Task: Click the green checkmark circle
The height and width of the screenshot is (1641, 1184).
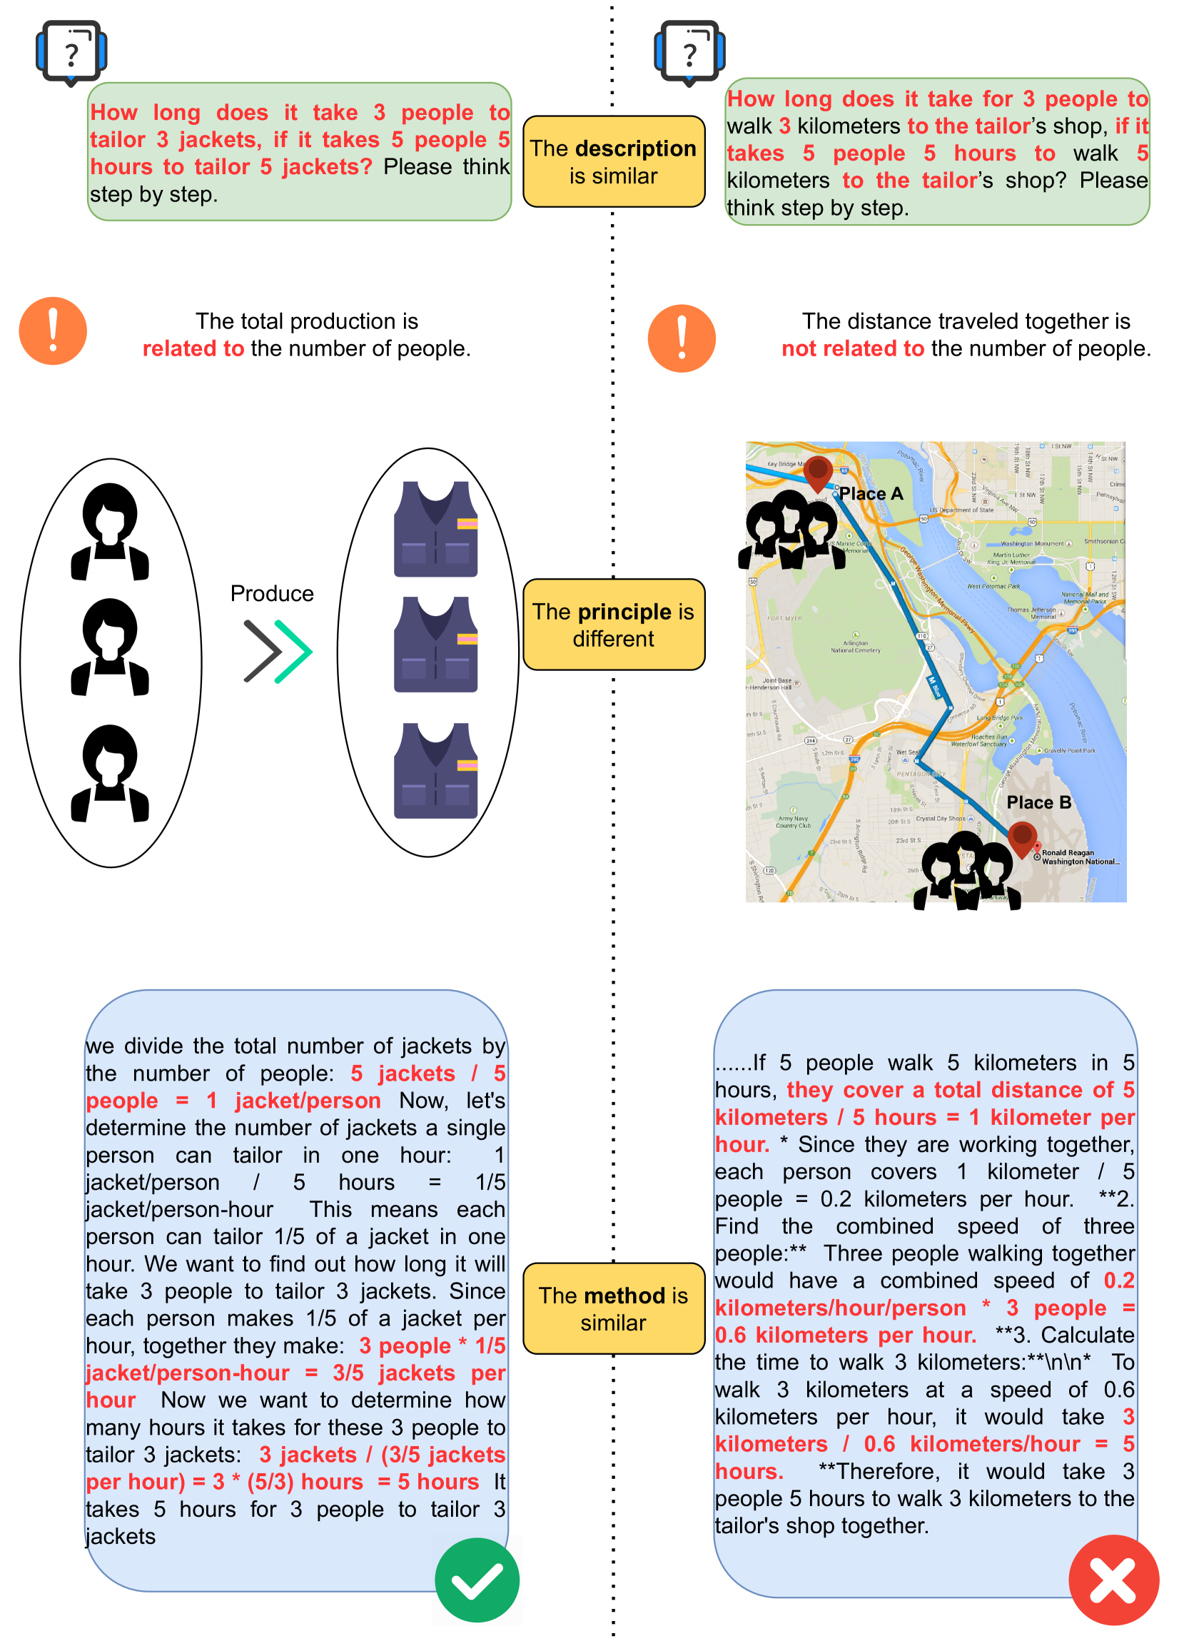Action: click(x=477, y=1581)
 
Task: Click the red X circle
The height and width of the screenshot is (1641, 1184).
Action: click(x=1113, y=1581)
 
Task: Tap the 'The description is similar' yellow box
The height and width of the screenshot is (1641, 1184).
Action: click(x=613, y=161)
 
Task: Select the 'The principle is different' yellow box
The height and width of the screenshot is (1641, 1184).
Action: click(x=613, y=625)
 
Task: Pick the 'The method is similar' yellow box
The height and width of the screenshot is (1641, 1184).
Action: click(x=613, y=1308)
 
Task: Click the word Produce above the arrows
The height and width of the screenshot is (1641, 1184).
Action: click(x=272, y=593)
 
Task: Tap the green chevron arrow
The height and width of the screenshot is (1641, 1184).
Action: click(x=293, y=651)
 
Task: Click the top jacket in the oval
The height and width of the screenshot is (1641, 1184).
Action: click(x=435, y=529)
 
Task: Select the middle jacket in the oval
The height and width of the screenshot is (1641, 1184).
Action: click(x=435, y=644)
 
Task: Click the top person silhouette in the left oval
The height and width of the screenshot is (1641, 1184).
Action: click(x=110, y=532)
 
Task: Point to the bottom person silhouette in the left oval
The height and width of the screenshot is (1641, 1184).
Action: click(x=110, y=774)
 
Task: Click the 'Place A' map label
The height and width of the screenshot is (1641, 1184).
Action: click(x=871, y=493)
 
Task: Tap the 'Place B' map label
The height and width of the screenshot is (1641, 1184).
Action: click(x=1038, y=802)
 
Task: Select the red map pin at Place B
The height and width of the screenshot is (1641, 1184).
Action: click(x=1022, y=839)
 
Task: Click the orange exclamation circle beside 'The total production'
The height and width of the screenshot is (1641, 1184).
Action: click(x=53, y=331)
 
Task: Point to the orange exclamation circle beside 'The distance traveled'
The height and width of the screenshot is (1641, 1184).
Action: click(x=682, y=338)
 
